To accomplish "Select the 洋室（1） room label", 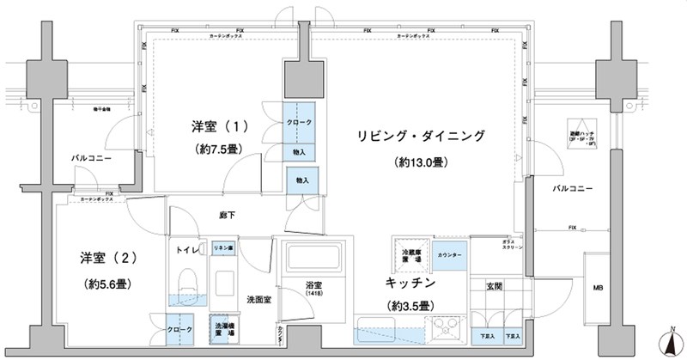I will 220,126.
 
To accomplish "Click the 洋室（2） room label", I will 95,258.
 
